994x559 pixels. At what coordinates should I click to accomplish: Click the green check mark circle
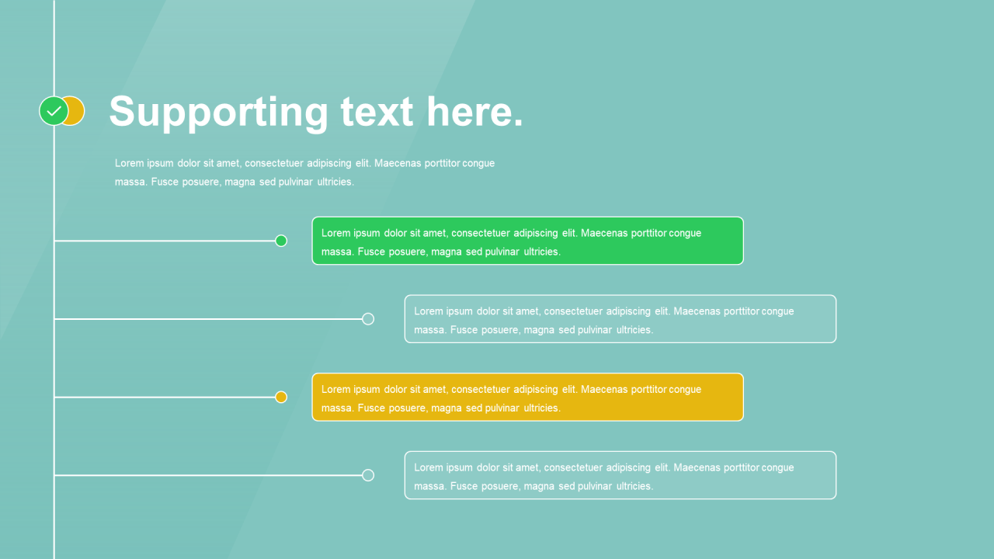(54, 111)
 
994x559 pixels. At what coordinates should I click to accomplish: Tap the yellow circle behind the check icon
(77, 111)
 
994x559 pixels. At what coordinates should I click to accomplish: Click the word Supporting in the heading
(219, 113)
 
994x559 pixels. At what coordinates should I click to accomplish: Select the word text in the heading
(377, 112)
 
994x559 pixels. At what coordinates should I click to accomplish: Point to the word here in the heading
(474, 111)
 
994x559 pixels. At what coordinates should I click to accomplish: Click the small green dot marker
(281, 241)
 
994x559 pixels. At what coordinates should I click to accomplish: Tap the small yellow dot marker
(281, 397)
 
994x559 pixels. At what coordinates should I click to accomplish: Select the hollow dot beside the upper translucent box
(368, 319)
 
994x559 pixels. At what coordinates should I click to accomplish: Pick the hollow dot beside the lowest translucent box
(368, 475)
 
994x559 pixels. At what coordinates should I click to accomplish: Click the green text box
(527, 241)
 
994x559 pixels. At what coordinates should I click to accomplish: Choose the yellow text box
(527, 397)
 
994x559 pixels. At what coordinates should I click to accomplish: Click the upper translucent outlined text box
(620, 319)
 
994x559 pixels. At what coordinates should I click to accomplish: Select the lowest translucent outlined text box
(620, 475)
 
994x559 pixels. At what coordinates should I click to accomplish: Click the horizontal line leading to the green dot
(165, 241)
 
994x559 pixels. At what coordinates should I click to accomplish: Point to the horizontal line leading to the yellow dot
(165, 397)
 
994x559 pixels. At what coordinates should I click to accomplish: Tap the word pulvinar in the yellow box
(502, 408)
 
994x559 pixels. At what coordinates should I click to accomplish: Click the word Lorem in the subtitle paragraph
(129, 163)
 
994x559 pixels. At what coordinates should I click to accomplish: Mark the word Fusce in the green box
(371, 252)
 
